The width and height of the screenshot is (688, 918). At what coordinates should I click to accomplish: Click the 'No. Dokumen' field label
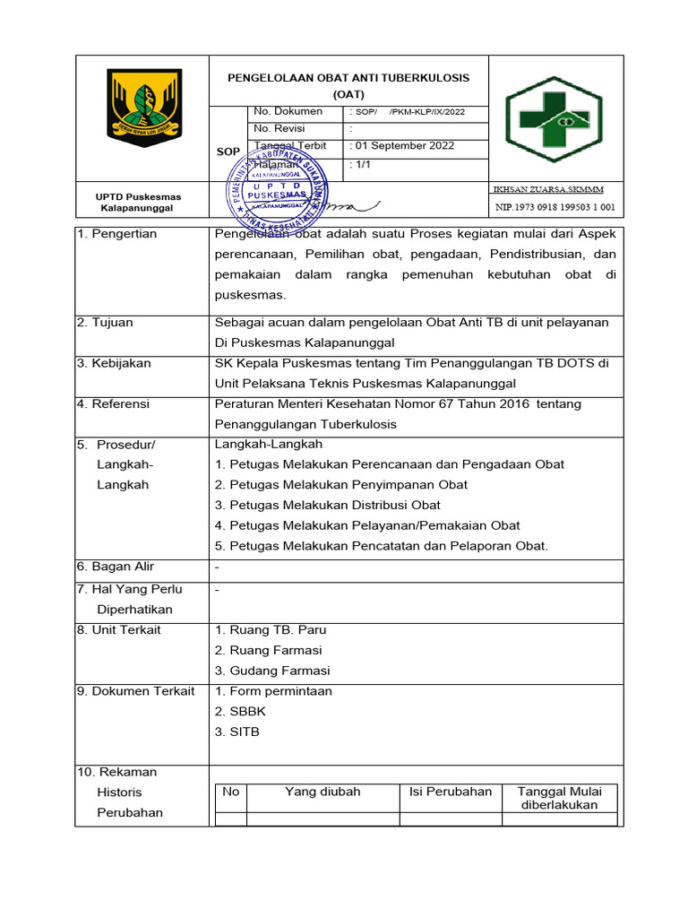(x=288, y=112)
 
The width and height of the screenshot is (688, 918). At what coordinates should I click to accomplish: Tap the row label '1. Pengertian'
(x=117, y=234)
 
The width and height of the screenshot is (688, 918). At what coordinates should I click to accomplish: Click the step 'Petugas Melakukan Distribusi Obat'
(x=328, y=505)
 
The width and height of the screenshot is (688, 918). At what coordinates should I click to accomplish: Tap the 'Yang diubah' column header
(x=322, y=791)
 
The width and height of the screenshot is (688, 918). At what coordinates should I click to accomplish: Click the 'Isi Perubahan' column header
(x=451, y=791)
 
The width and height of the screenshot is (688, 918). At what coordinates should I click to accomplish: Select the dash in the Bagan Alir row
(x=218, y=567)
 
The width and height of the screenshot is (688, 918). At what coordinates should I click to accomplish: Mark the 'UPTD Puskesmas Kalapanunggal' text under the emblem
(x=138, y=203)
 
